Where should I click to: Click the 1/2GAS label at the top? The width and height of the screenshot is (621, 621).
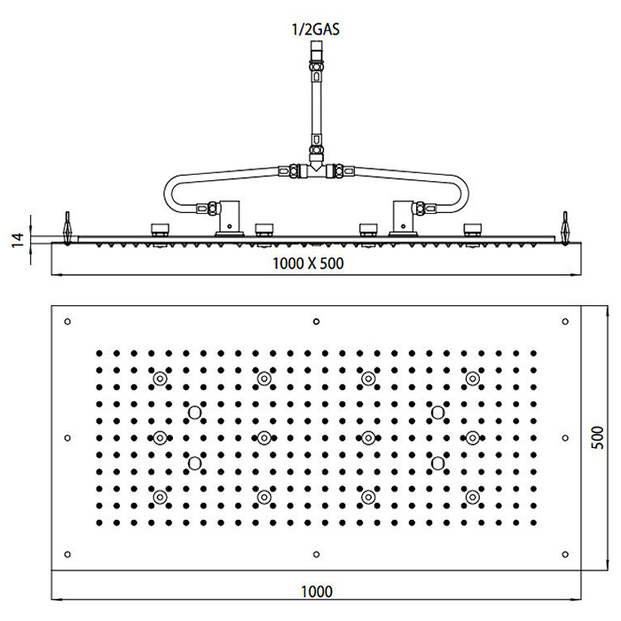[316, 28]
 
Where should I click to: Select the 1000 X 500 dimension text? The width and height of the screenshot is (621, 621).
[307, 263]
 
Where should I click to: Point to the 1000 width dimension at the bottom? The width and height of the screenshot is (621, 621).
[316, 589]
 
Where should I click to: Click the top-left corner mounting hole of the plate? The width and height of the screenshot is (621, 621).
[68, 320]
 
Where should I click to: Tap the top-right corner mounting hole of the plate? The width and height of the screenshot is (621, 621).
[565, 320]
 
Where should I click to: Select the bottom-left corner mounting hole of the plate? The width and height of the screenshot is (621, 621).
[68, 555]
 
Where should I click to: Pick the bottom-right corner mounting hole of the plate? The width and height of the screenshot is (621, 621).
[565, 555]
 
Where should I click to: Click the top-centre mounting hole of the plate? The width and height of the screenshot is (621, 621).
[317, 320]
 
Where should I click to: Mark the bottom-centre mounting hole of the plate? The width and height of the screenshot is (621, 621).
[317, 555]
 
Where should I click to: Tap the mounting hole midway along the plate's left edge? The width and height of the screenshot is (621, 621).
[68, 437]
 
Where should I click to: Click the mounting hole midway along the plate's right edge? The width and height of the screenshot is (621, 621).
[565, 437]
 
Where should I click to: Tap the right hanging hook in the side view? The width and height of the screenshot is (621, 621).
[564, 225]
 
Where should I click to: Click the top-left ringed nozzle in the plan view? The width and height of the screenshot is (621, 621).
[160, 379]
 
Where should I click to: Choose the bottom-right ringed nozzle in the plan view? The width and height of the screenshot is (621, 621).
[472, 498]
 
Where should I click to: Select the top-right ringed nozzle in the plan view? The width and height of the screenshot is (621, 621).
[472, 379]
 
